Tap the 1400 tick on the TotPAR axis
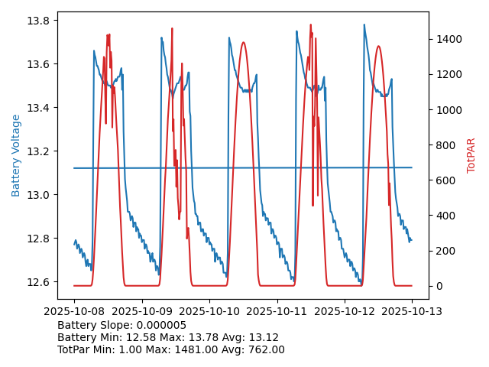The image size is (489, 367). (448, 39)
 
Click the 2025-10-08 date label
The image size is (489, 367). (74, 311)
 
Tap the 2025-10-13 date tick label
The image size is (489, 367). (412, 311)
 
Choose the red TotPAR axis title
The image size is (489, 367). (471, 155)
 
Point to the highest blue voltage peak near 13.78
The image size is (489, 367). (364, 24)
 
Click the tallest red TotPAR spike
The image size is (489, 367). (311, 24)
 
